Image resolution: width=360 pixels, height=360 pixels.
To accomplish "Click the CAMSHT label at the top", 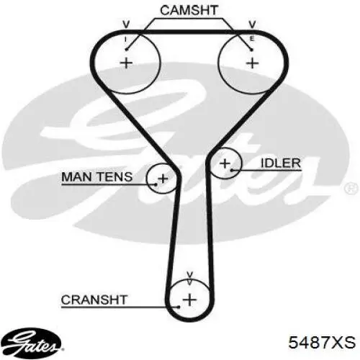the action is click(189, 10).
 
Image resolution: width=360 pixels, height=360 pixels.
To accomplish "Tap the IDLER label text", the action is click(281, 163).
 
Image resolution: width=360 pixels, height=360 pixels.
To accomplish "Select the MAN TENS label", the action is click(97, 177).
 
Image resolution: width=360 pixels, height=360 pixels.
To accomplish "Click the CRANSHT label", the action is click(94, 300).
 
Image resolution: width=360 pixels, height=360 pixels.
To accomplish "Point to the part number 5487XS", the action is click(322, 342).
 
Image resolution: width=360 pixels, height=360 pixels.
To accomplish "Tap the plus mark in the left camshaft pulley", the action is click(126, 63).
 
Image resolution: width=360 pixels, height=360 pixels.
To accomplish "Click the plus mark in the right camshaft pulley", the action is click(253, 63).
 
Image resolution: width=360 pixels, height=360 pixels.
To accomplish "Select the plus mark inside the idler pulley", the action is click(225, 163).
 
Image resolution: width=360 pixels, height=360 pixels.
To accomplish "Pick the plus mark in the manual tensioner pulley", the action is click(163, 179).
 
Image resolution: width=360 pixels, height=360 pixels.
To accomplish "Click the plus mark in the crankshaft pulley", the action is click(190, 300).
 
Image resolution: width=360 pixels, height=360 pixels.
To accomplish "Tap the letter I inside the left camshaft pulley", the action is click(125, 40).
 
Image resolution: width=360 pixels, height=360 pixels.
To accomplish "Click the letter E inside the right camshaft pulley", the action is click(252, 39).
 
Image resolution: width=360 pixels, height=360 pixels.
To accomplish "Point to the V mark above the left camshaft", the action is click(126, 24).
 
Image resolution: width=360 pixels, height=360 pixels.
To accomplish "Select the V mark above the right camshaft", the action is click(252, 24).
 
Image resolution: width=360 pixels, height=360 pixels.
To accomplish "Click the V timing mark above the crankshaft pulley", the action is click(190, 275).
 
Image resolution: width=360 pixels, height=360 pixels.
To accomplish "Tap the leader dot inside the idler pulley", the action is click(232, 171).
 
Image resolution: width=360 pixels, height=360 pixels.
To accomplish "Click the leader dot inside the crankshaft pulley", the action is click(179, 307).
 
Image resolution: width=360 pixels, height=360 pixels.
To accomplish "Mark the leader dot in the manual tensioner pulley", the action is click(156, 184).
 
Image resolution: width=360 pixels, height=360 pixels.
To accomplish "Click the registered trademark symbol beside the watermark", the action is click(351, 187).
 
